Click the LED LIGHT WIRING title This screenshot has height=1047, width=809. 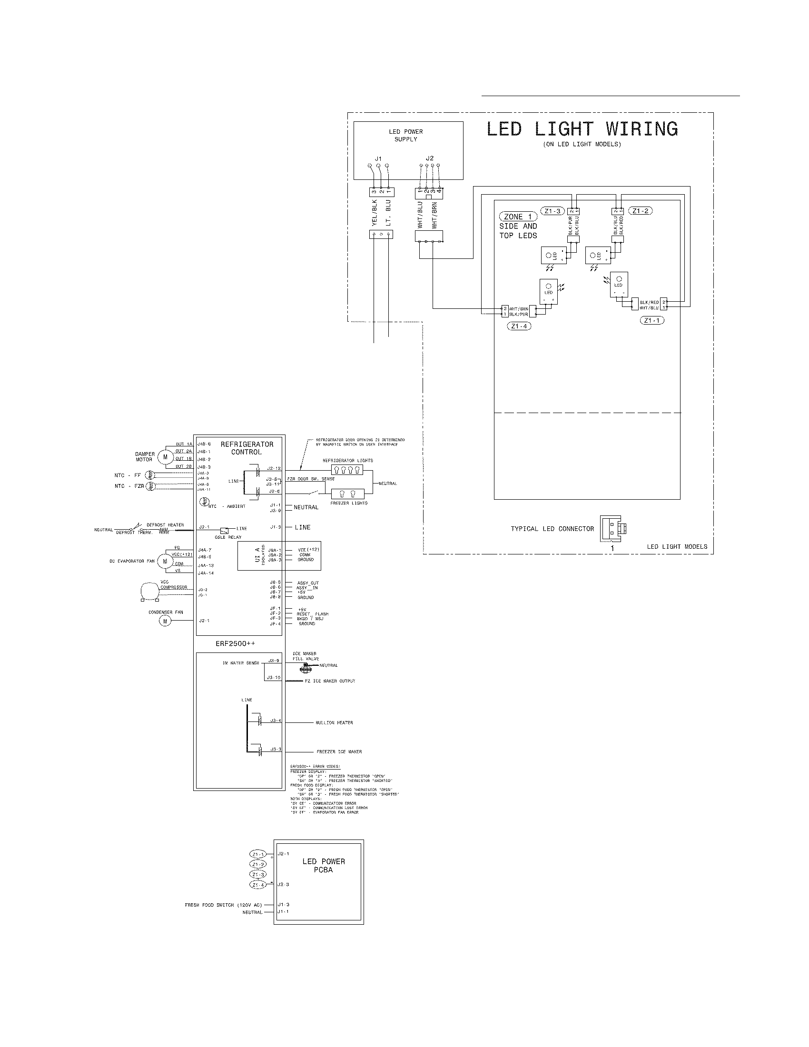[x=582, y=129]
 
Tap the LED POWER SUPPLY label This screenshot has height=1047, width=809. [x=405, y=135]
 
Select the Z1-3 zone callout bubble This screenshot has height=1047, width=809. [x=552, y=211]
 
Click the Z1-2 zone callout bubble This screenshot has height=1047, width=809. [x=640, y=211]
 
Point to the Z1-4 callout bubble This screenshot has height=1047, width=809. [x=519, y=326]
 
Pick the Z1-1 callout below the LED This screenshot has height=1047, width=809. [x=652, y=320]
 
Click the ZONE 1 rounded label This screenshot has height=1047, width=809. [x=518, y=217]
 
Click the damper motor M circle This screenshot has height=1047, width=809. [x=165, y=457]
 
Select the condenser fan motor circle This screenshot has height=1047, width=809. [x=165, y=621]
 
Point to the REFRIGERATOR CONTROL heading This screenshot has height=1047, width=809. [x=247, y=448]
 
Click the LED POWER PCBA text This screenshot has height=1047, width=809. [x=324, y=865]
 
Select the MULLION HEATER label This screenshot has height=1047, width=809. [x=334, y=722]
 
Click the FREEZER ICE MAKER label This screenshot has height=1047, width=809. [x=339, y=751]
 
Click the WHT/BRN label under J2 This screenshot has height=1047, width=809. [x=434, y=215]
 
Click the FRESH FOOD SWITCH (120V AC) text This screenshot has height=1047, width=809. [x=223, y=905]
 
